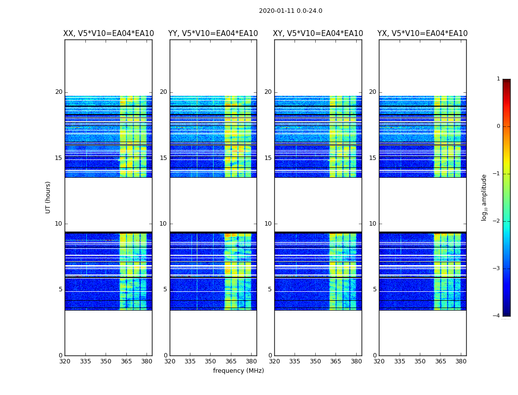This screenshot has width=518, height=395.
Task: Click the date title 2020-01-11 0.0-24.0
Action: tap(291, 11)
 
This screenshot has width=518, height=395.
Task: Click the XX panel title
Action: tap(109, 34)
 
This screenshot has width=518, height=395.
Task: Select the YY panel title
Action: tap(213, 34)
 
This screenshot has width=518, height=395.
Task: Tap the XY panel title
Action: tap(318, 34)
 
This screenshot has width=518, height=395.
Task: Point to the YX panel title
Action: tap(423, 34)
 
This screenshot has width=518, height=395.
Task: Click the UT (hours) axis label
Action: tap(48, 197)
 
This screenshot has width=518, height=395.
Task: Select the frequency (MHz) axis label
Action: tap(238, 371)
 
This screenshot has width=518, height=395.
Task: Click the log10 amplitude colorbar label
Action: tap(484, 197)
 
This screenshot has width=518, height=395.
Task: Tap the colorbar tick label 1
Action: tap(498, 79)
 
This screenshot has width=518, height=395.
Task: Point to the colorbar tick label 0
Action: tap(498, 126)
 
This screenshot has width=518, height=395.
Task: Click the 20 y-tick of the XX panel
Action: tap(59, 92)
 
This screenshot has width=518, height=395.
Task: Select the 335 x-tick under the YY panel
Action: tap(190, 361)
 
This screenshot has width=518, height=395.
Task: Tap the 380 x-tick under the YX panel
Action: tap(461, 361)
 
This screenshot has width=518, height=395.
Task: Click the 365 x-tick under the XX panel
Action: tap(126, 361)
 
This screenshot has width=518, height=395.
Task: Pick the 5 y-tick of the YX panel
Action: tap(374, 289)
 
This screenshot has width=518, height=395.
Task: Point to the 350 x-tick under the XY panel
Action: tap(315, 361)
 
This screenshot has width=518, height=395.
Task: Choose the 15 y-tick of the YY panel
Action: tap(163, 158)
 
